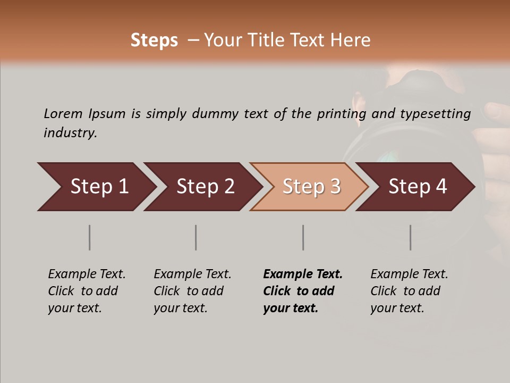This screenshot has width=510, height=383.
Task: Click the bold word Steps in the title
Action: point(154,40)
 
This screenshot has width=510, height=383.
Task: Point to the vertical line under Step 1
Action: point(90,237)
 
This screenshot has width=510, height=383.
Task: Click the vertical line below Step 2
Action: point(196,237)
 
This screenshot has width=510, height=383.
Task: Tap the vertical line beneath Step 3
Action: point(303,237)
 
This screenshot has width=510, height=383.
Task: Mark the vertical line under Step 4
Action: point(411,237)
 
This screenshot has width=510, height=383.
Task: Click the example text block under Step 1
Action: point(87,291)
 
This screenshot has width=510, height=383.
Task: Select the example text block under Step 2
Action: point(192,291)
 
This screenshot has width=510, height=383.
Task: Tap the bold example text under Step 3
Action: point(303,291)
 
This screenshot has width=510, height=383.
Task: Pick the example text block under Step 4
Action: point(409,291)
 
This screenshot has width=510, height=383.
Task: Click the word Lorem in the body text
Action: point(63,113)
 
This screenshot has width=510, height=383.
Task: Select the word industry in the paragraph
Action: point(70,133)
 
